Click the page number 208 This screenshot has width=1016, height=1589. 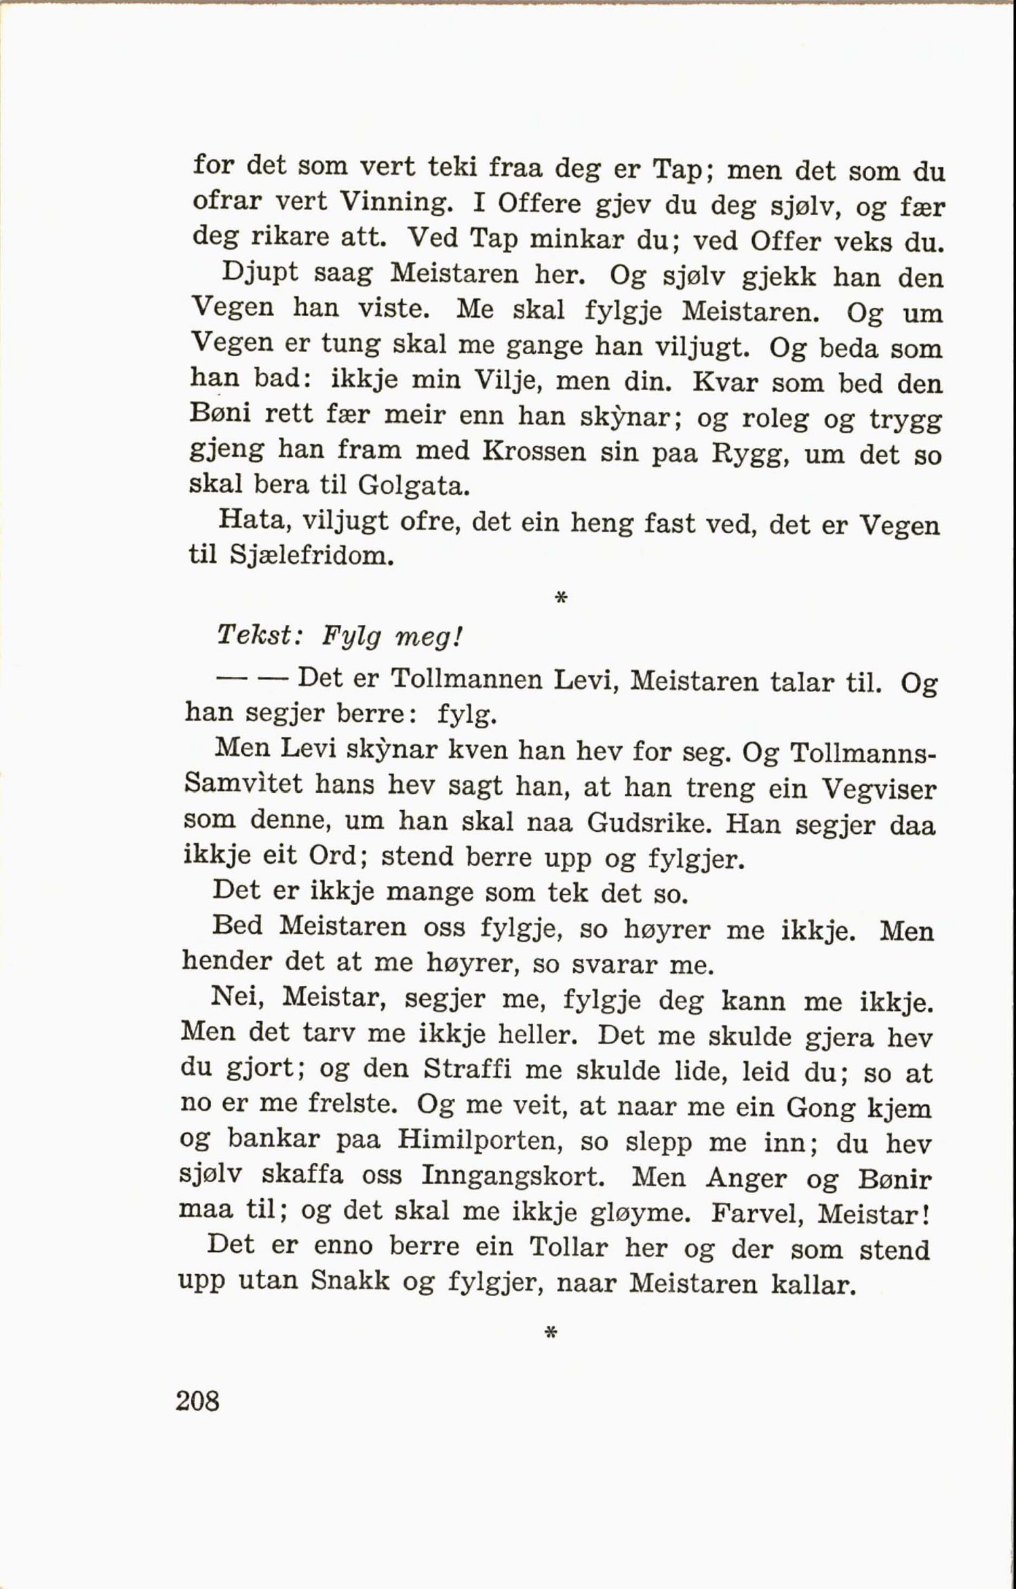[197, 1401]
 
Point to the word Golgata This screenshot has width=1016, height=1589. [414, 484]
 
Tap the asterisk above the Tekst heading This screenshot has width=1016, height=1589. [560, 598]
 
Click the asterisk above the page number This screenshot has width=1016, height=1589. [551, 1333]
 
